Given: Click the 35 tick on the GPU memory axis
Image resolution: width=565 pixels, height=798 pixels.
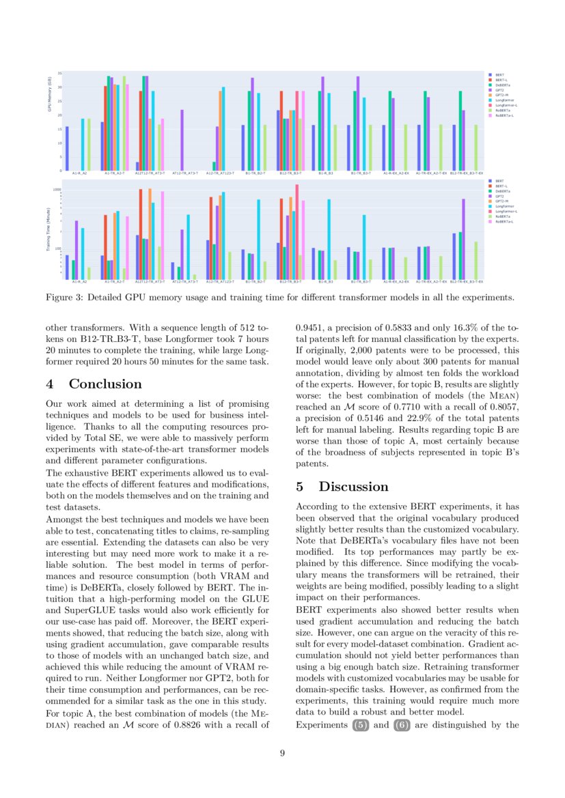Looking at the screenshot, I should click(x=59, y=72).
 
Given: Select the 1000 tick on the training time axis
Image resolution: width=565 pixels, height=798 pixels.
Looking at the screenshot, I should click(x=57, y=189).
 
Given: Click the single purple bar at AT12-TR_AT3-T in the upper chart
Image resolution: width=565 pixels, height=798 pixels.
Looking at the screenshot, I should click(x=182, y=140).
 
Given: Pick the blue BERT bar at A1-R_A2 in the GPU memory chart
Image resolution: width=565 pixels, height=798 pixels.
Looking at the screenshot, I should click(x=67, y=148).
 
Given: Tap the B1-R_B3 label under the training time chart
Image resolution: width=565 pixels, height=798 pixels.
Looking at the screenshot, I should click(x=326, y=281).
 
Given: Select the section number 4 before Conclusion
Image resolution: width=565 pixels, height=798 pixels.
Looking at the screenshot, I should click(x=50, y=384).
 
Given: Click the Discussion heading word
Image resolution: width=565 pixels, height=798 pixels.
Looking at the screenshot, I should click(x=353, y=487).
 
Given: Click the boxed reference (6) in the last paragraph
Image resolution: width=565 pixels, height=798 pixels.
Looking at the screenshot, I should click(x=402, y=726).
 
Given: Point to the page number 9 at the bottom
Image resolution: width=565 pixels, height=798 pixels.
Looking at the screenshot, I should click(x=282, y=753).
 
